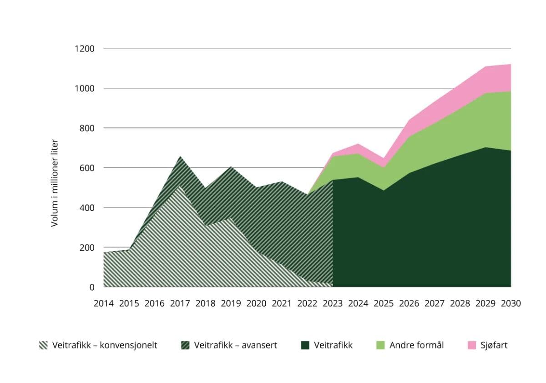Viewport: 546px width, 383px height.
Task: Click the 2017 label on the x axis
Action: point(180,303)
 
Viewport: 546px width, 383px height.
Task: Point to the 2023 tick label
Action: point(333,303)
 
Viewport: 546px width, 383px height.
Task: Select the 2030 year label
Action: point(511,303)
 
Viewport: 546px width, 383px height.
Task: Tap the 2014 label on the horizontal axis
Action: point(103,303)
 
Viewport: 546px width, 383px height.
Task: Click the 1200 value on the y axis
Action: point(85,48)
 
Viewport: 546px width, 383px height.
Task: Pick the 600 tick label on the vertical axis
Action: point(87,168)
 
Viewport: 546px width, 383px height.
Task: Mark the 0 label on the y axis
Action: point(92,287)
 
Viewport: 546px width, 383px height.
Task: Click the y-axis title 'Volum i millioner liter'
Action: point(55,183)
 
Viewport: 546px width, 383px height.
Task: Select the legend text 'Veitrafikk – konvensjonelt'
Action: point(105,345)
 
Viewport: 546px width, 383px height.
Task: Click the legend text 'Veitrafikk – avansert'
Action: point(235,345)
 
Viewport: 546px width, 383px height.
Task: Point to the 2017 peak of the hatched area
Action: point(180,156)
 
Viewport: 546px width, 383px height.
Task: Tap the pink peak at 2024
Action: point(358,144)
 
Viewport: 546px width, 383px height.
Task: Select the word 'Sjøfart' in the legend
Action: point(494,345)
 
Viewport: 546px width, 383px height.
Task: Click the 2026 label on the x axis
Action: point(409,303)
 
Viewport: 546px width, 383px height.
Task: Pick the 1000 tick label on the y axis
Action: point(85,88)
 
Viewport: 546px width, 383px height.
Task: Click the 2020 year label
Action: point(256,303)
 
